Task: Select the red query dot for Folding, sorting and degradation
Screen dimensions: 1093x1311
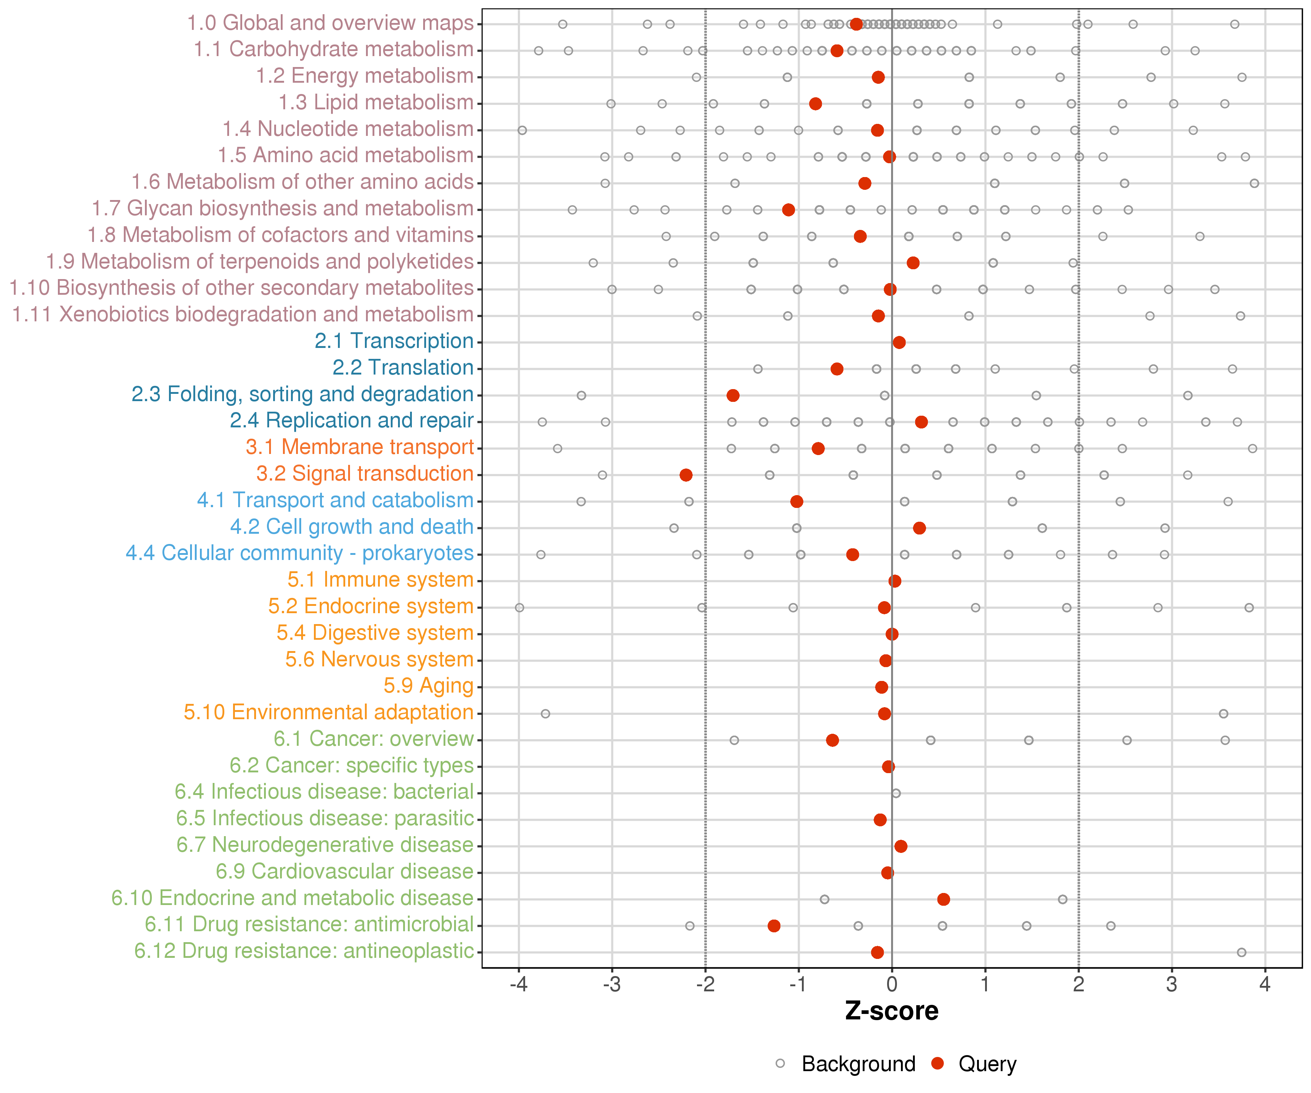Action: [x=733, y=395]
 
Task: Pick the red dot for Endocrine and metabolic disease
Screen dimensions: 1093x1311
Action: [x=943, y=900]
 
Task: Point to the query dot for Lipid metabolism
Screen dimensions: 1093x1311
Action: [x=815, y=104]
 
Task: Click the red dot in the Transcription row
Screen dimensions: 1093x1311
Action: [x=899, y=342]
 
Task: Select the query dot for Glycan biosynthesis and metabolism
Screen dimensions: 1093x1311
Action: [x=788, y=210]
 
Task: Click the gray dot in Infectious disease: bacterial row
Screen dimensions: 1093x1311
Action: [x=896, y=793]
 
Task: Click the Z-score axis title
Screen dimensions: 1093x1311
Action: [x=891, y=1011]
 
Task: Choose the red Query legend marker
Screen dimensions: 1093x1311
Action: [x=937, y=1063]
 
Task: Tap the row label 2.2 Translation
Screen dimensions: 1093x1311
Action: [x=403, y=368]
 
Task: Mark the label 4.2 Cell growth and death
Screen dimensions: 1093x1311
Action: [x=351, y=527]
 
